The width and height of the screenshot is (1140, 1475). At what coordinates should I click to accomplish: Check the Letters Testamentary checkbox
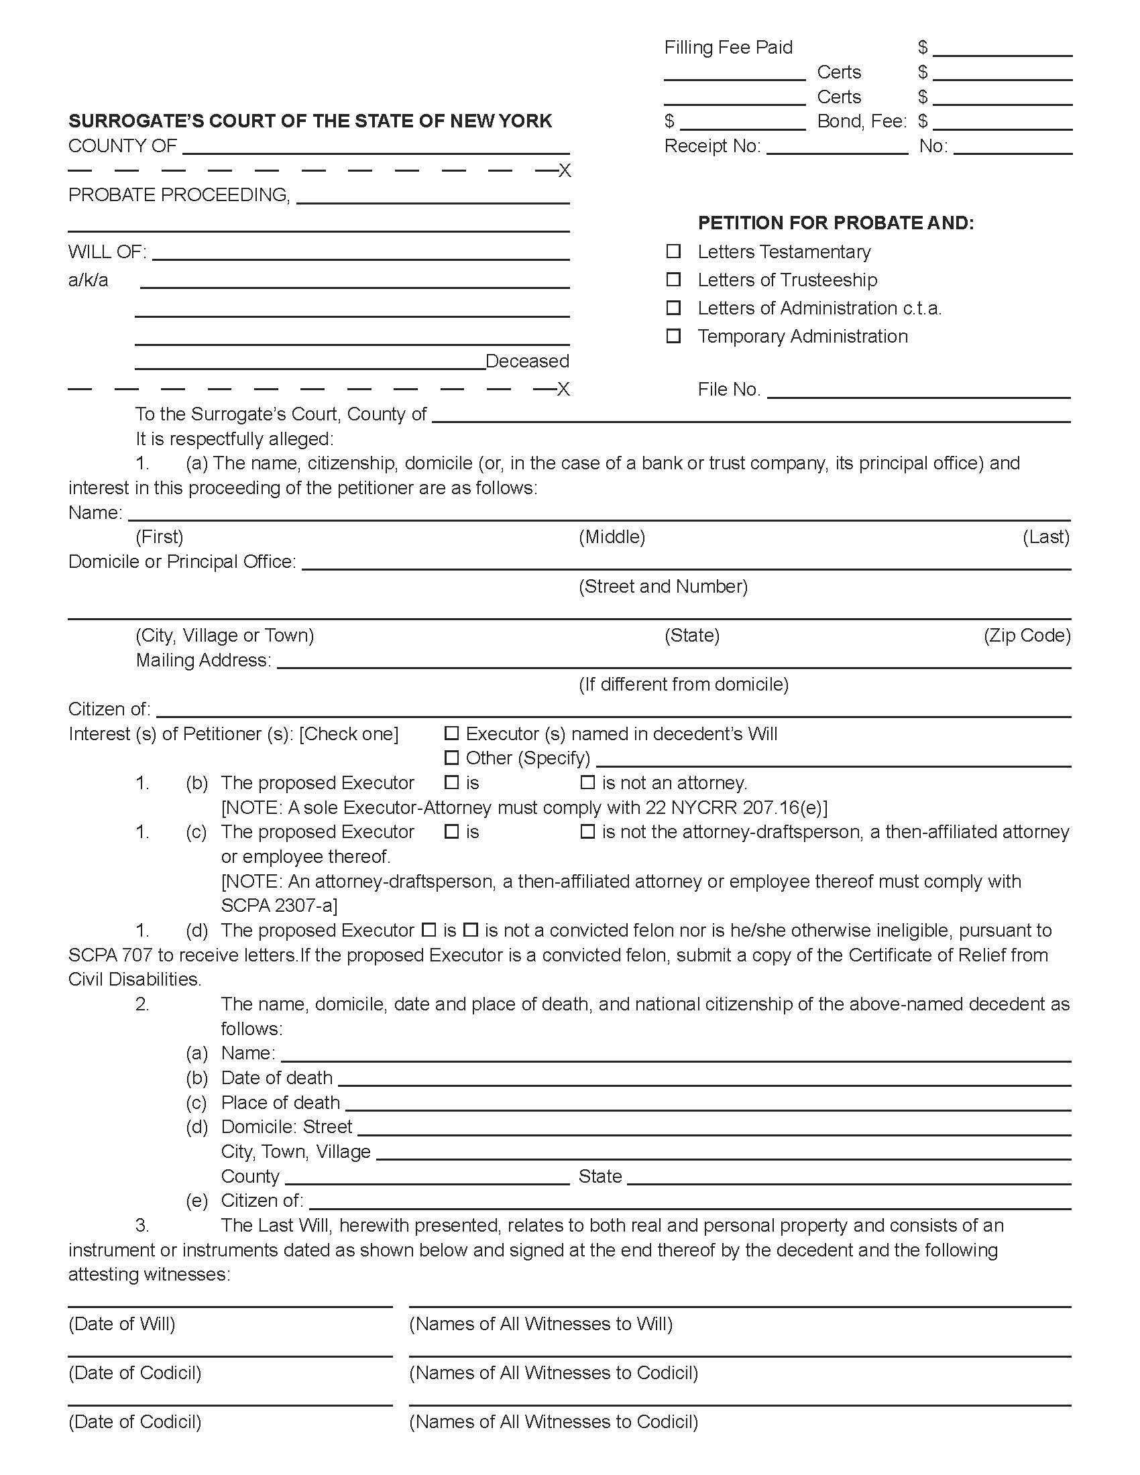pos(673,251)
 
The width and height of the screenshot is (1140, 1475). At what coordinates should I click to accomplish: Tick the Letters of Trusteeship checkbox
pos(673,280)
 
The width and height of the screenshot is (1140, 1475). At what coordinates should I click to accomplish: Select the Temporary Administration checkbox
pos(673,337)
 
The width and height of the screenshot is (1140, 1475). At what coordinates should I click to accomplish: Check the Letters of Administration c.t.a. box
pos(673,308)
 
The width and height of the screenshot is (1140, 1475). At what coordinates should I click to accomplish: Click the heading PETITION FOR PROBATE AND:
pos(836,223)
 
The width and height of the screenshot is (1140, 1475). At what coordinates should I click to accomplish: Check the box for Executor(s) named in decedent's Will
pos(451,733)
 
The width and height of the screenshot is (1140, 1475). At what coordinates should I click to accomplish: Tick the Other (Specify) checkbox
pos(451,758)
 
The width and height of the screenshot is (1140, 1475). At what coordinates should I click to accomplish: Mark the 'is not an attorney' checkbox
pos(587,782)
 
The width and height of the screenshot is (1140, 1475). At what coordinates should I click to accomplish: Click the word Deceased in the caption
pos(527,361)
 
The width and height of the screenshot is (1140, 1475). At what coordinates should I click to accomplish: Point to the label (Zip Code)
pos(1027,636)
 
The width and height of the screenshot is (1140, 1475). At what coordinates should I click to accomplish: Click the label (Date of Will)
pos(121,1323)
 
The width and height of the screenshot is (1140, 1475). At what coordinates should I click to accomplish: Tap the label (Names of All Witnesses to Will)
pos(540,1323)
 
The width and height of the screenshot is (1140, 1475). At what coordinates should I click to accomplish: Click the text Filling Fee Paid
pos(728,48)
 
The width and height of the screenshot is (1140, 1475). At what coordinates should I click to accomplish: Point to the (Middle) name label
pos(612,537)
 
